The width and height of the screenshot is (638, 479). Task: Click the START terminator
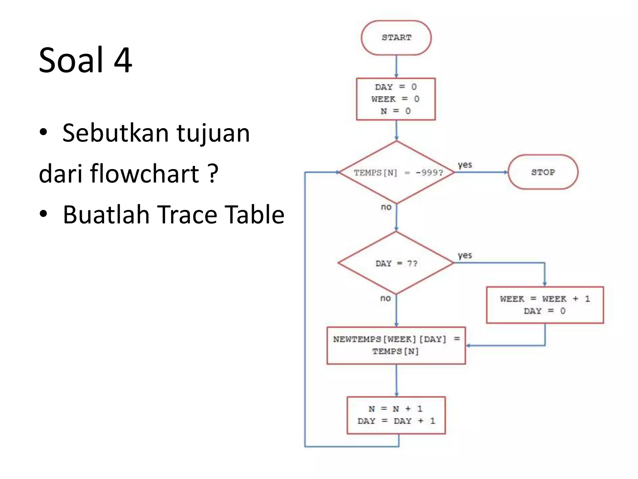pyautogui.click(x=396, y=38)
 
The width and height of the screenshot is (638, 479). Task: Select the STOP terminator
pyautogui.click(x=543, y=172)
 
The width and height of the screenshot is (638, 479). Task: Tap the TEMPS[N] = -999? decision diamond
pyautogui.click(x=396, y=172)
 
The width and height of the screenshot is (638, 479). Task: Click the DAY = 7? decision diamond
pyautogui.click(x=396, y=263)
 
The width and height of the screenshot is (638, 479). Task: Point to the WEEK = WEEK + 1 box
pyautogui.click(x=545, y=305)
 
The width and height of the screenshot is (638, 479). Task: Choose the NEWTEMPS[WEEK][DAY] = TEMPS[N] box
pyautogui.click(x=396, y=345)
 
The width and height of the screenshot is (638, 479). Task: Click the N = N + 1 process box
pyautogui.click(x=396, y=415)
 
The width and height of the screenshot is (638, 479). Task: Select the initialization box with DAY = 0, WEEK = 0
pyautogui.click(x=396, y=99)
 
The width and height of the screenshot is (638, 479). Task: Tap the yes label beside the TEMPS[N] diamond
pyautogui.click(x=465, y=165)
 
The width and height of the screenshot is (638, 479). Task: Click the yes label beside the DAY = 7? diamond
pyautogui.click(x=465, y=255)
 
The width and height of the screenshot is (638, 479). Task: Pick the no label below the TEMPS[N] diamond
pyautogui.click(x=386, y=207)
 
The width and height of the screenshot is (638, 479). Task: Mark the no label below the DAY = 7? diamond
pyautogui.click(x=385, y=298)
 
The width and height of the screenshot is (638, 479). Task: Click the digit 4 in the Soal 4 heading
pyautogui.click(x=123, y=60)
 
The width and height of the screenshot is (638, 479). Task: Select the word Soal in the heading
pyautogui.click(x=71, y=60)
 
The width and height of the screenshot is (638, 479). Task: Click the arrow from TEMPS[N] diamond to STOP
pyautogui.click(x=481, y=172)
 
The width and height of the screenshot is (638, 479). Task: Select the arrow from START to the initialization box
pyautogui.click(x=396, y=66)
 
